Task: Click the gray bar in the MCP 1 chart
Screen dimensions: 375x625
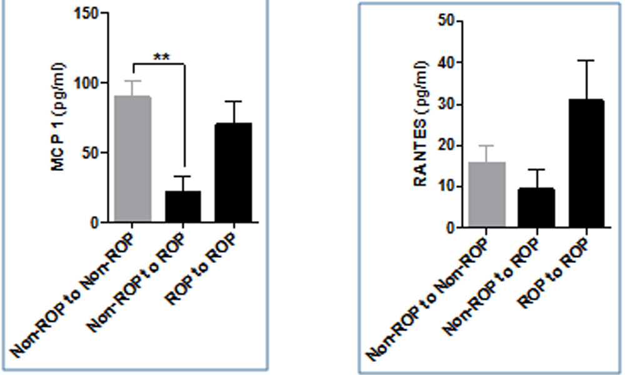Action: [x=132, y=159]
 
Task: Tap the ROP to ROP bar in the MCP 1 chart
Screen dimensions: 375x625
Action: [x=233, y=172]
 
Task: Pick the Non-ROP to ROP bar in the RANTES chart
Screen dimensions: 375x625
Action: [x=537, y=208]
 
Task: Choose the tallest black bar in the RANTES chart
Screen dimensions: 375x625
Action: [x=586, y=163]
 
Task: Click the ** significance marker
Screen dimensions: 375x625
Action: [x=161, y=57]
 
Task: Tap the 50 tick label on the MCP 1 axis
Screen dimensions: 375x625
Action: [x=92, y=153]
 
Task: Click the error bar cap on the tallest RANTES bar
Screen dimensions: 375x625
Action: [x=586, y=61]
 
